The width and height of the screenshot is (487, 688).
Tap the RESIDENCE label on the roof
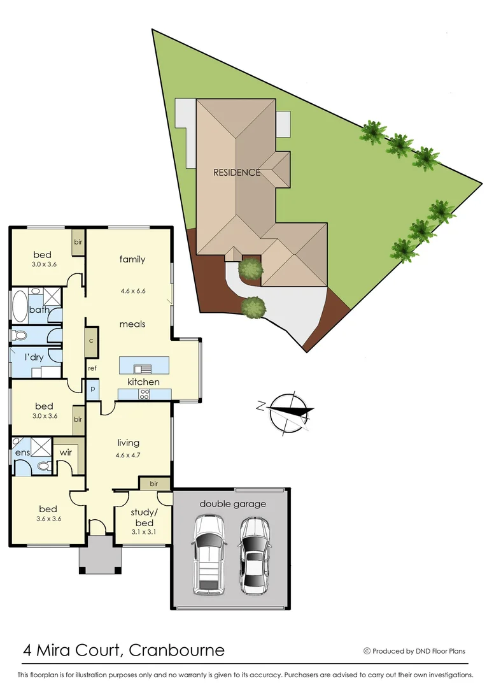236,172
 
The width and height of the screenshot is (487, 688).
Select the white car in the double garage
208,554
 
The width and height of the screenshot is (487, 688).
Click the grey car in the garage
254,554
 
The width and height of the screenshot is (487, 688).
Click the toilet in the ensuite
43,466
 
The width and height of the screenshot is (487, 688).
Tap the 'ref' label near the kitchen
92,368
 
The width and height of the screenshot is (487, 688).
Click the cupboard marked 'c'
92,340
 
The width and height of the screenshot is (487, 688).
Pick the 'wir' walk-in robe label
66,452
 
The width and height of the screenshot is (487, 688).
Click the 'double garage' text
233,504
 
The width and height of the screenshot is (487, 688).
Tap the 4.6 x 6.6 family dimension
133,291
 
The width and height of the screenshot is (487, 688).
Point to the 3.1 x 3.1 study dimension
143,531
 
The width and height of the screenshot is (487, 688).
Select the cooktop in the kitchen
144,394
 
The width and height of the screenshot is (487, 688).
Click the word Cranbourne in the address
176,650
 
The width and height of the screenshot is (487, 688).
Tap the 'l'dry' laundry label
34,357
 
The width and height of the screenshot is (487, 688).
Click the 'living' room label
128,443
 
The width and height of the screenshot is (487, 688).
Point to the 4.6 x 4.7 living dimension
128,455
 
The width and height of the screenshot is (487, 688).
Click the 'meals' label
132,324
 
